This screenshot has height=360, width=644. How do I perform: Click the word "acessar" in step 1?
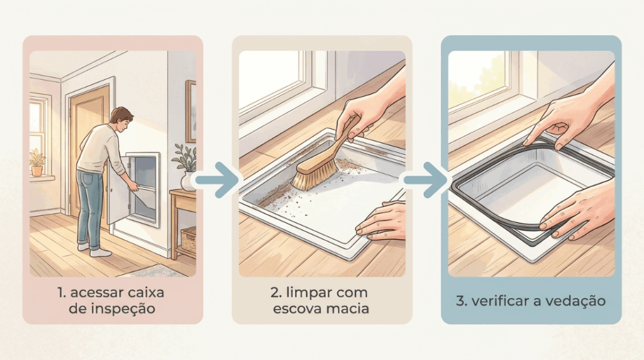(x=96, y=293)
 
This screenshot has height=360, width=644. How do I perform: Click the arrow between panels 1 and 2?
(x=217, y=180)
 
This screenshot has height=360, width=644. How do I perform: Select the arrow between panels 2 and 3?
(x=426, y=180)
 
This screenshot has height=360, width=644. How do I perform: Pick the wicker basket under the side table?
(x=189, y=239)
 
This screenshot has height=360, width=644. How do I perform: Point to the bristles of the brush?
(x=314, y=176)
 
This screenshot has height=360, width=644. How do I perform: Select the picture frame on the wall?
(x=191, y=111)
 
